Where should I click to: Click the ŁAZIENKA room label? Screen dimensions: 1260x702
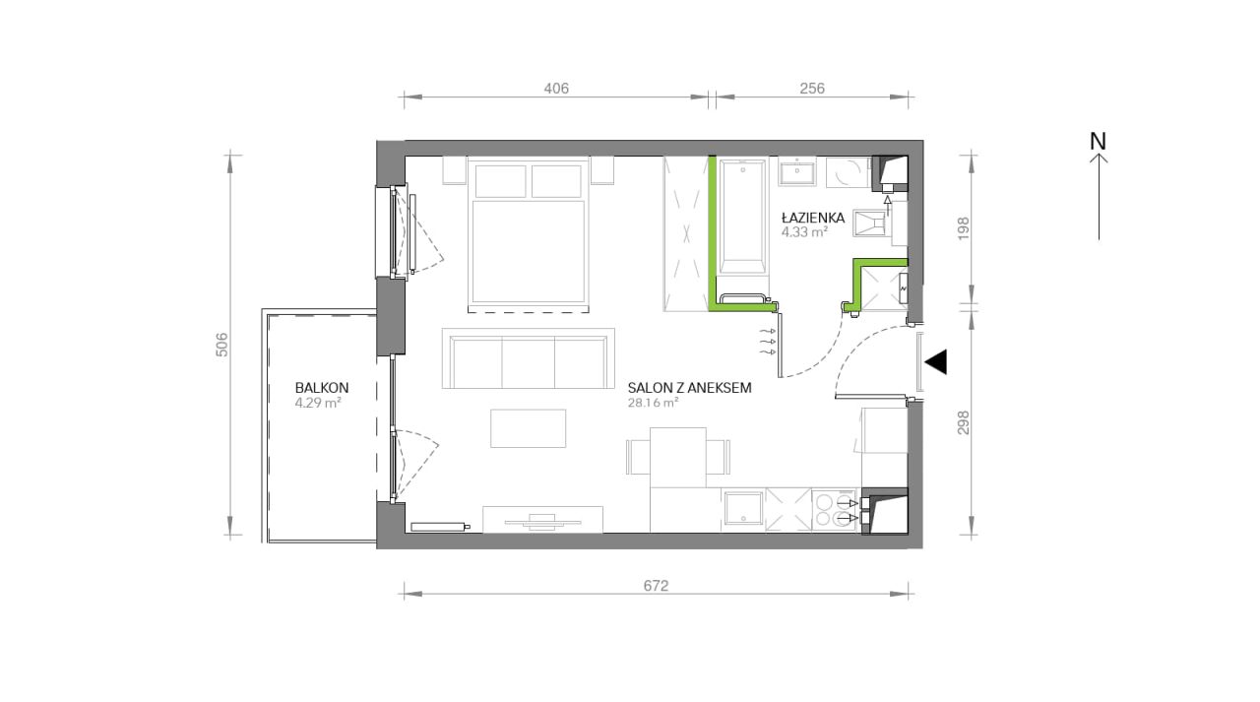point(813,218)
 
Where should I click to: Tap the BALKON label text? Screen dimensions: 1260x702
point(322,388)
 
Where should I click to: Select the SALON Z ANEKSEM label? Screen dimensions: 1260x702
point(690,388)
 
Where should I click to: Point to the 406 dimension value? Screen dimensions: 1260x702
point(556,89)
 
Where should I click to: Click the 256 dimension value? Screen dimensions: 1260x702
point(812,89)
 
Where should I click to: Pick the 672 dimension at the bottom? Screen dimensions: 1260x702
point(656,586)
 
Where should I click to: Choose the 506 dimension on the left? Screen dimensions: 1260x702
point(222,345)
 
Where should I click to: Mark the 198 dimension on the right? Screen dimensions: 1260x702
point(964,229)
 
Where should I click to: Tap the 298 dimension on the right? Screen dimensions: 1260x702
point(964,422)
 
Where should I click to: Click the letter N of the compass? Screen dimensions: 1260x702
point(1098,141)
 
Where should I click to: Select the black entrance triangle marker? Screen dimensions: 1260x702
point(936,362)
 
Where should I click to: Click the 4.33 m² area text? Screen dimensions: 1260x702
point(804,231)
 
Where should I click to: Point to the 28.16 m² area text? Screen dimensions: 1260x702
point(653,402)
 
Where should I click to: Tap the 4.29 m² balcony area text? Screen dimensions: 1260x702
point(318,402)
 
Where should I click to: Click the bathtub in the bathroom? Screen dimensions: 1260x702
point(742,217)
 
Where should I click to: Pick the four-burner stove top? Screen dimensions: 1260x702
point(835,510)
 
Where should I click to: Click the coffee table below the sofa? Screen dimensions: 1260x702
point(529,428)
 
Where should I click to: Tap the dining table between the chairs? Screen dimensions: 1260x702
point(678,457)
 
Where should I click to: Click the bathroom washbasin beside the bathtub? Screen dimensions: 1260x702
point(797,171)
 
